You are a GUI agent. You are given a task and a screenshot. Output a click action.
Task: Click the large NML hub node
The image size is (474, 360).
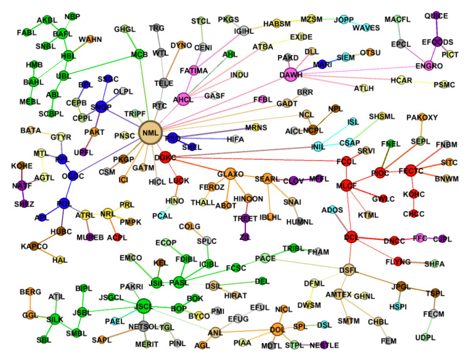pos(150,133)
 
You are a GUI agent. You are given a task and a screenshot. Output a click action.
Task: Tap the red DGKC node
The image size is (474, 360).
pos(166,157)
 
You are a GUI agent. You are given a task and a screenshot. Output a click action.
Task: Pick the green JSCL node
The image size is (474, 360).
pos(143,305)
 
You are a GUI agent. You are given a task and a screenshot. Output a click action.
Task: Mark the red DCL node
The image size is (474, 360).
pos(351,237)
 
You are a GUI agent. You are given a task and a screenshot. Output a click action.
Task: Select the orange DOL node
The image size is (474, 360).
pos(277,328)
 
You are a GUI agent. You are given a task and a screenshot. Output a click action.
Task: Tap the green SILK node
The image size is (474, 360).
pos(55,319)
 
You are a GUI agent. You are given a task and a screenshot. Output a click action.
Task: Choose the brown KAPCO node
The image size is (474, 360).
pos(33,247)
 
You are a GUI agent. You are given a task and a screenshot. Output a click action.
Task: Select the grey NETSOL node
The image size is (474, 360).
pos(145,326)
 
